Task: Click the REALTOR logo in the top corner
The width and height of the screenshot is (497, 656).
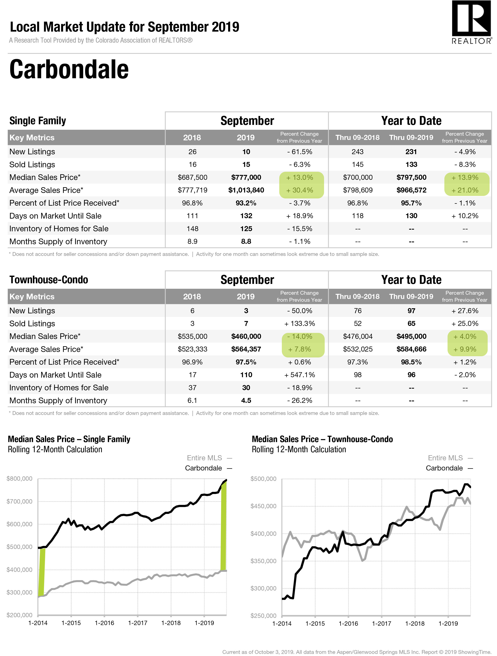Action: (472, 22)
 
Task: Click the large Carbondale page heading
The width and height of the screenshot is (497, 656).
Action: (69, 69)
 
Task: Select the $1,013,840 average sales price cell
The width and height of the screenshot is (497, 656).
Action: (246, 190)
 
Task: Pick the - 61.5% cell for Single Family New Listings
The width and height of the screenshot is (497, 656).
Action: (300, 152)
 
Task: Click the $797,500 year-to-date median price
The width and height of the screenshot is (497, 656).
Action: (411, 177)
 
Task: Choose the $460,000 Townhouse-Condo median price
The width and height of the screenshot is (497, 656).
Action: (246, 336)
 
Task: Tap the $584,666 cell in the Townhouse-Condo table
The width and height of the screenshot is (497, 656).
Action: (411, 349)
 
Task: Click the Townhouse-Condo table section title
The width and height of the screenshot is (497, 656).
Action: (49, 280)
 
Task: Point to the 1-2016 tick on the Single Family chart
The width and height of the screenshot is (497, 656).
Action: (104, 623)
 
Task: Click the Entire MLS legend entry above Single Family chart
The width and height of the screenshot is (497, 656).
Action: (209, 458)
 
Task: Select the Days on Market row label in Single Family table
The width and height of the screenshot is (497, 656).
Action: (56, 216)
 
